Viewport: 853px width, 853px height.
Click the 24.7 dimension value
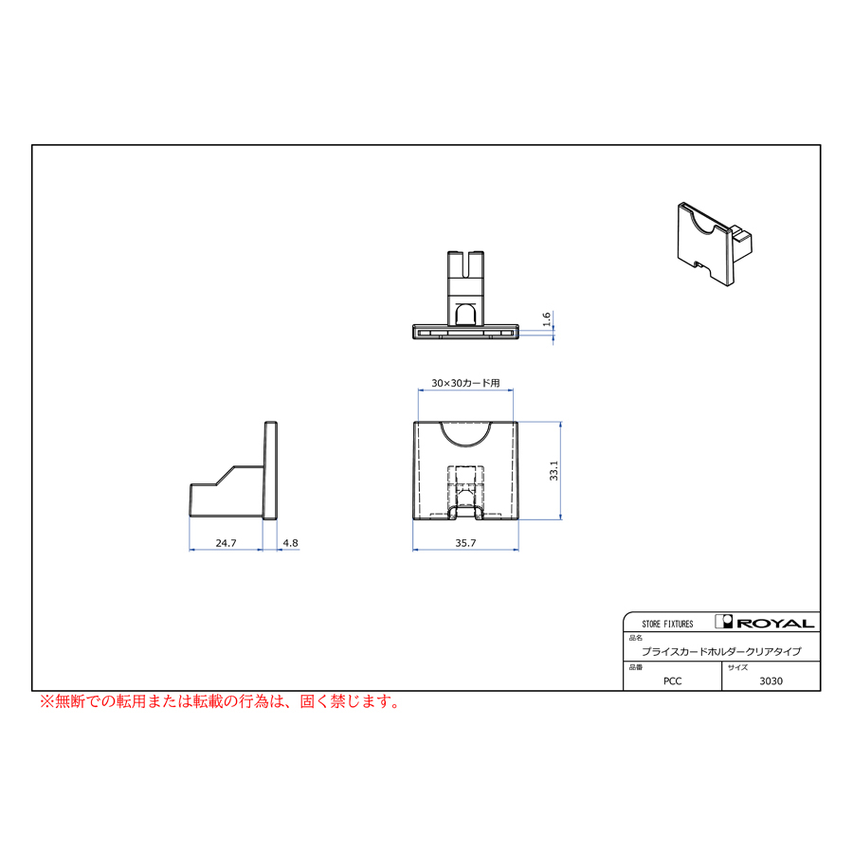[x=226, y=543]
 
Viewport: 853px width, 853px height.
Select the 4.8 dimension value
[x=291, y=543]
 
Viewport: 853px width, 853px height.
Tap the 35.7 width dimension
[x=465, y=543]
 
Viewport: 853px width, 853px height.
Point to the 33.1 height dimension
[x=554, y=470]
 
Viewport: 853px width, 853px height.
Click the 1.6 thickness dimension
[x=547, y=319]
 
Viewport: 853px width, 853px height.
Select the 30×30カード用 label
[x=465, y=383]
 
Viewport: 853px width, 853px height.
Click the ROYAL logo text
[x=775, y=623]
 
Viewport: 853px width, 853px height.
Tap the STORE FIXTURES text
[x=667, y=624]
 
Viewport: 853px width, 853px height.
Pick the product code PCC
[x=672, y=681]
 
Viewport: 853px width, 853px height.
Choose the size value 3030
[x=771, y=681]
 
